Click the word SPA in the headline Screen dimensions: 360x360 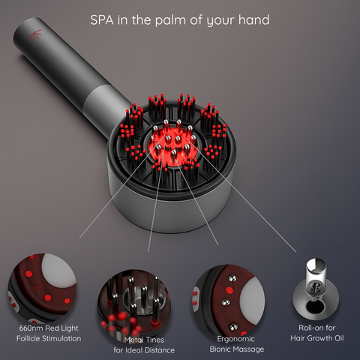click(x=102, y=19)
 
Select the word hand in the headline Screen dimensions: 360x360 click(x=254, y=19)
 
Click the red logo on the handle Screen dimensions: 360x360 click(x=35, y=34)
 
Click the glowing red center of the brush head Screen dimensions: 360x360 click(x=172, y=145)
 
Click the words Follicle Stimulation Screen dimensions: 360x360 click(x=49, y=338)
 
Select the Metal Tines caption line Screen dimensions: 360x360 click(x=144, y=340)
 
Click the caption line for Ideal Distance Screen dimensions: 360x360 click(x=144, y=350)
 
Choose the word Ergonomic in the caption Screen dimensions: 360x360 click(x=235, y=339)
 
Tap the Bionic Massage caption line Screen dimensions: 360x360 click(x=237, y=349)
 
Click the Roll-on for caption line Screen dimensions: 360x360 click(x=317, y=328)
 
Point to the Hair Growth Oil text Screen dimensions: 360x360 click(x=317, y=338)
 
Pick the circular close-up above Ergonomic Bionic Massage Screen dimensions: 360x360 click(x=229, y=301)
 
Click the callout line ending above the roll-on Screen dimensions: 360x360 click(x=241, y=196)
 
